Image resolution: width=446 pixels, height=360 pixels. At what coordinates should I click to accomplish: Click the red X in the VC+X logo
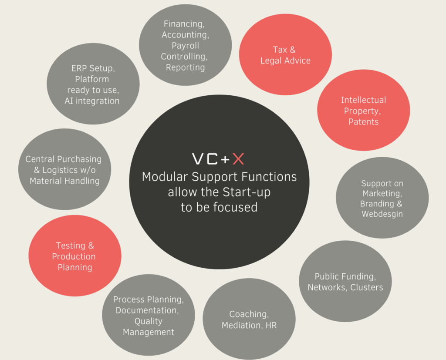click(238, 159)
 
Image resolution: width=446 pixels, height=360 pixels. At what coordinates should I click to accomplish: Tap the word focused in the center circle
click(236, 207)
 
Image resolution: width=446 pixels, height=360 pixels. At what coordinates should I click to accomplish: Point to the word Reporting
click(185, 67)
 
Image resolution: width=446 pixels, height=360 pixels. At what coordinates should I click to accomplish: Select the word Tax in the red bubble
click(280, 50)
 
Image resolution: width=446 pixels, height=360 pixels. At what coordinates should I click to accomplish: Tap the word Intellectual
click(363, 100)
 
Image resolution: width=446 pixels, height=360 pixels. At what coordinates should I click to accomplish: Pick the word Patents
click(363, 122)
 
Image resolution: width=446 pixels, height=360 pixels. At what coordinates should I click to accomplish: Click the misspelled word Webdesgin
click(382, 214)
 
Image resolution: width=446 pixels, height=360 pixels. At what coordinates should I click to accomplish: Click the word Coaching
click(249, 314)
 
